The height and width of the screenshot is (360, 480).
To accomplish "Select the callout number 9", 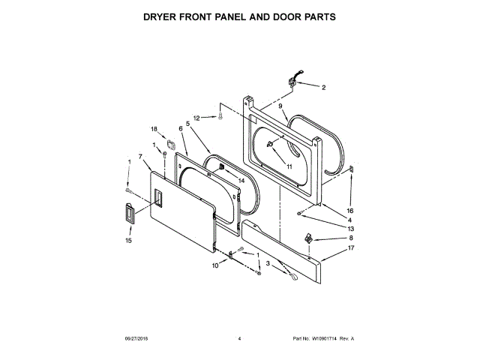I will [280, 107].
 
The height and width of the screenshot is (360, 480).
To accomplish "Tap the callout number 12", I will [197, 118].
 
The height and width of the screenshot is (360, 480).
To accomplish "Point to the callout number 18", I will [154, 128].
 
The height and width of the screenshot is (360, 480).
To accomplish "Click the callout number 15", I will [127, 241].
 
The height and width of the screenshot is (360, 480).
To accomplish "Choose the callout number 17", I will [350, 247].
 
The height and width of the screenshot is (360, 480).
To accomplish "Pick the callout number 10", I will [214, 265].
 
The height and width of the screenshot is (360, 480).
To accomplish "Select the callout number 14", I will [241, 181].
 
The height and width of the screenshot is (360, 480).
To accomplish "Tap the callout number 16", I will [349, 211].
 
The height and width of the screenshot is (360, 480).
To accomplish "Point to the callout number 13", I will [350, 228].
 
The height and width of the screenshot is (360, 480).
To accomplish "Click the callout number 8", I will [350, 238].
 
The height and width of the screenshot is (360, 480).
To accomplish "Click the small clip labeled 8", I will [308, 238].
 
